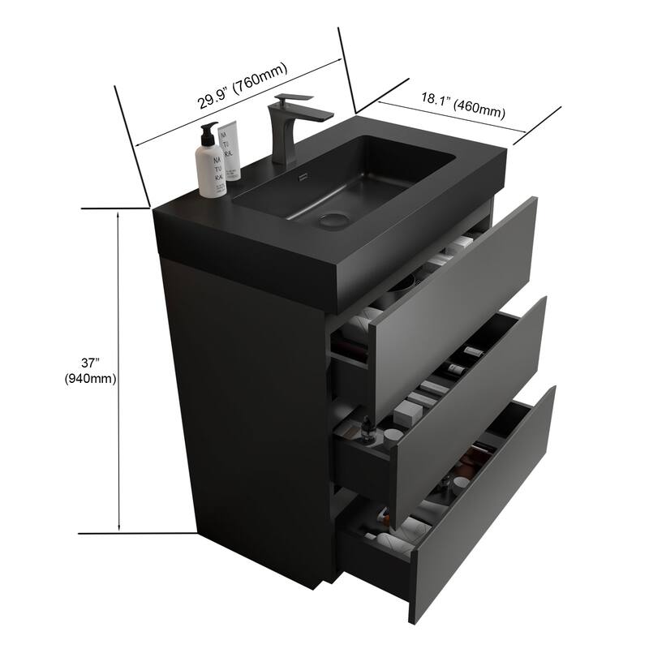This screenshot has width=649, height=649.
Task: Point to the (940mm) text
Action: point(92,379)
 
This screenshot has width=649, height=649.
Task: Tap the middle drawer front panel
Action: point(471,381)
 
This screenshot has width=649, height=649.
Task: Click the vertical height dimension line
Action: point(120,369)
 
